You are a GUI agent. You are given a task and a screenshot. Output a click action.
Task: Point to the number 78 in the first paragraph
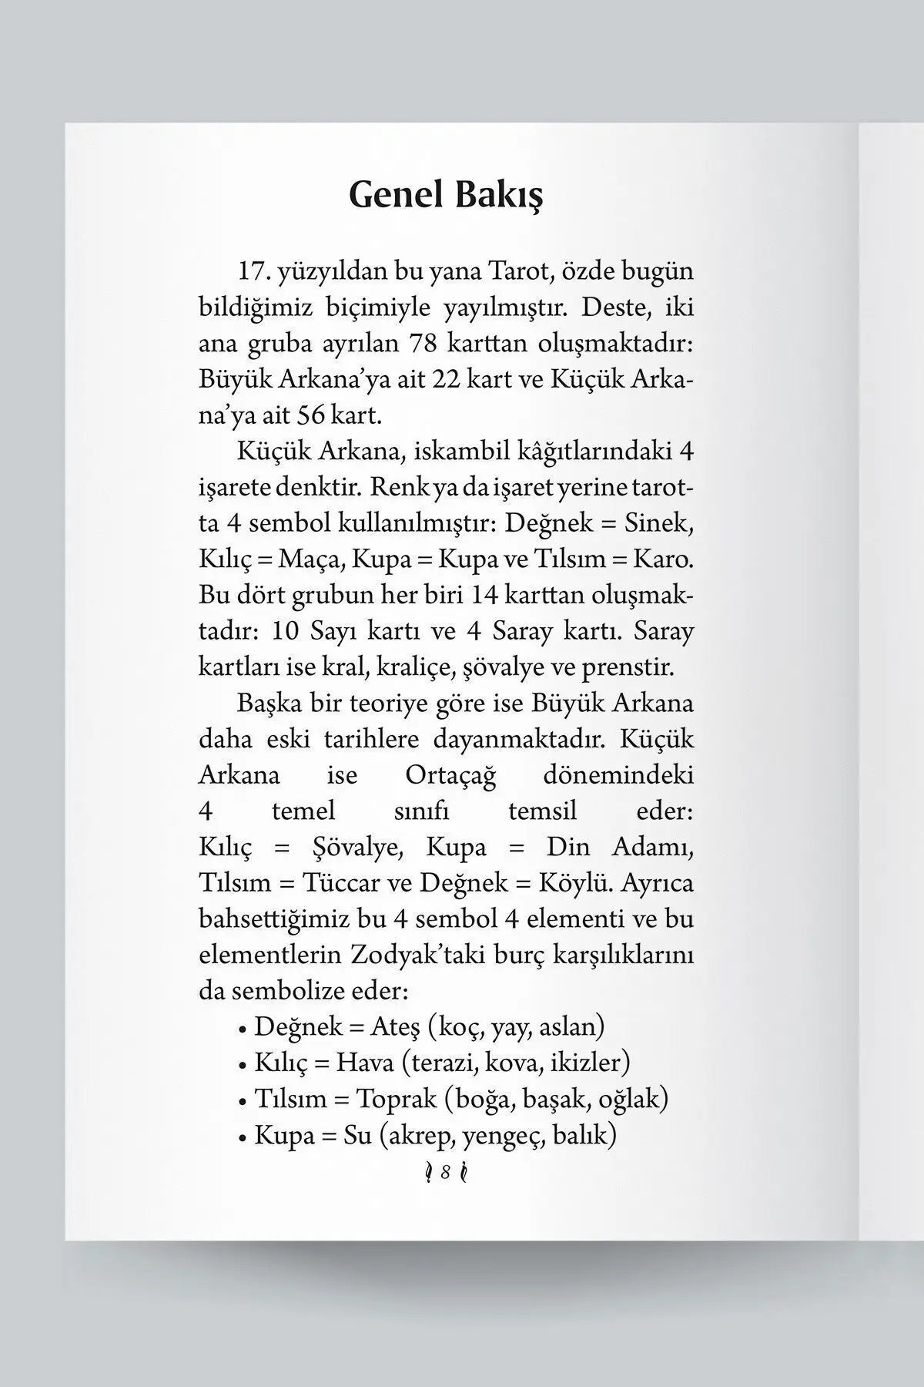[425, 344]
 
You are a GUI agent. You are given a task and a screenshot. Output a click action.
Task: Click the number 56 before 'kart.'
[311, 416]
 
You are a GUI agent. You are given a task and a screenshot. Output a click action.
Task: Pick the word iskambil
[463, 452]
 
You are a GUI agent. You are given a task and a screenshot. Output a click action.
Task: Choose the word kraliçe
[411, 667]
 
